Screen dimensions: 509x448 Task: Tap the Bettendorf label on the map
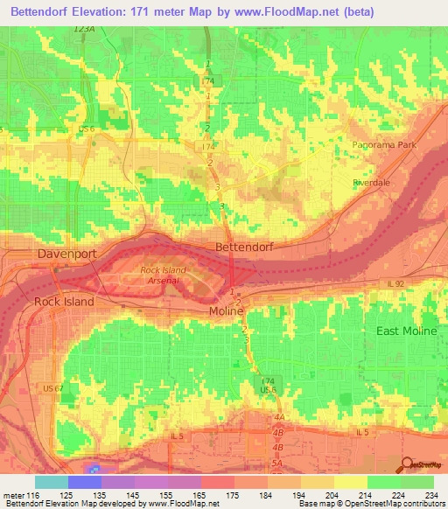click(244, 248)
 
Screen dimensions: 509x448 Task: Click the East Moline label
click(405, 331)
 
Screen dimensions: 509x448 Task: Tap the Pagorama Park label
click(386, 144)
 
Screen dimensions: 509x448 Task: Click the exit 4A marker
click(279, 418)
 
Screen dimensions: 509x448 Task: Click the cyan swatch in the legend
click(51, 482)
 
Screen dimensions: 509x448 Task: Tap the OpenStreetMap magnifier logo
click(406, 464)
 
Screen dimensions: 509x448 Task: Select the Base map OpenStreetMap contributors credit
click(370, 504)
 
